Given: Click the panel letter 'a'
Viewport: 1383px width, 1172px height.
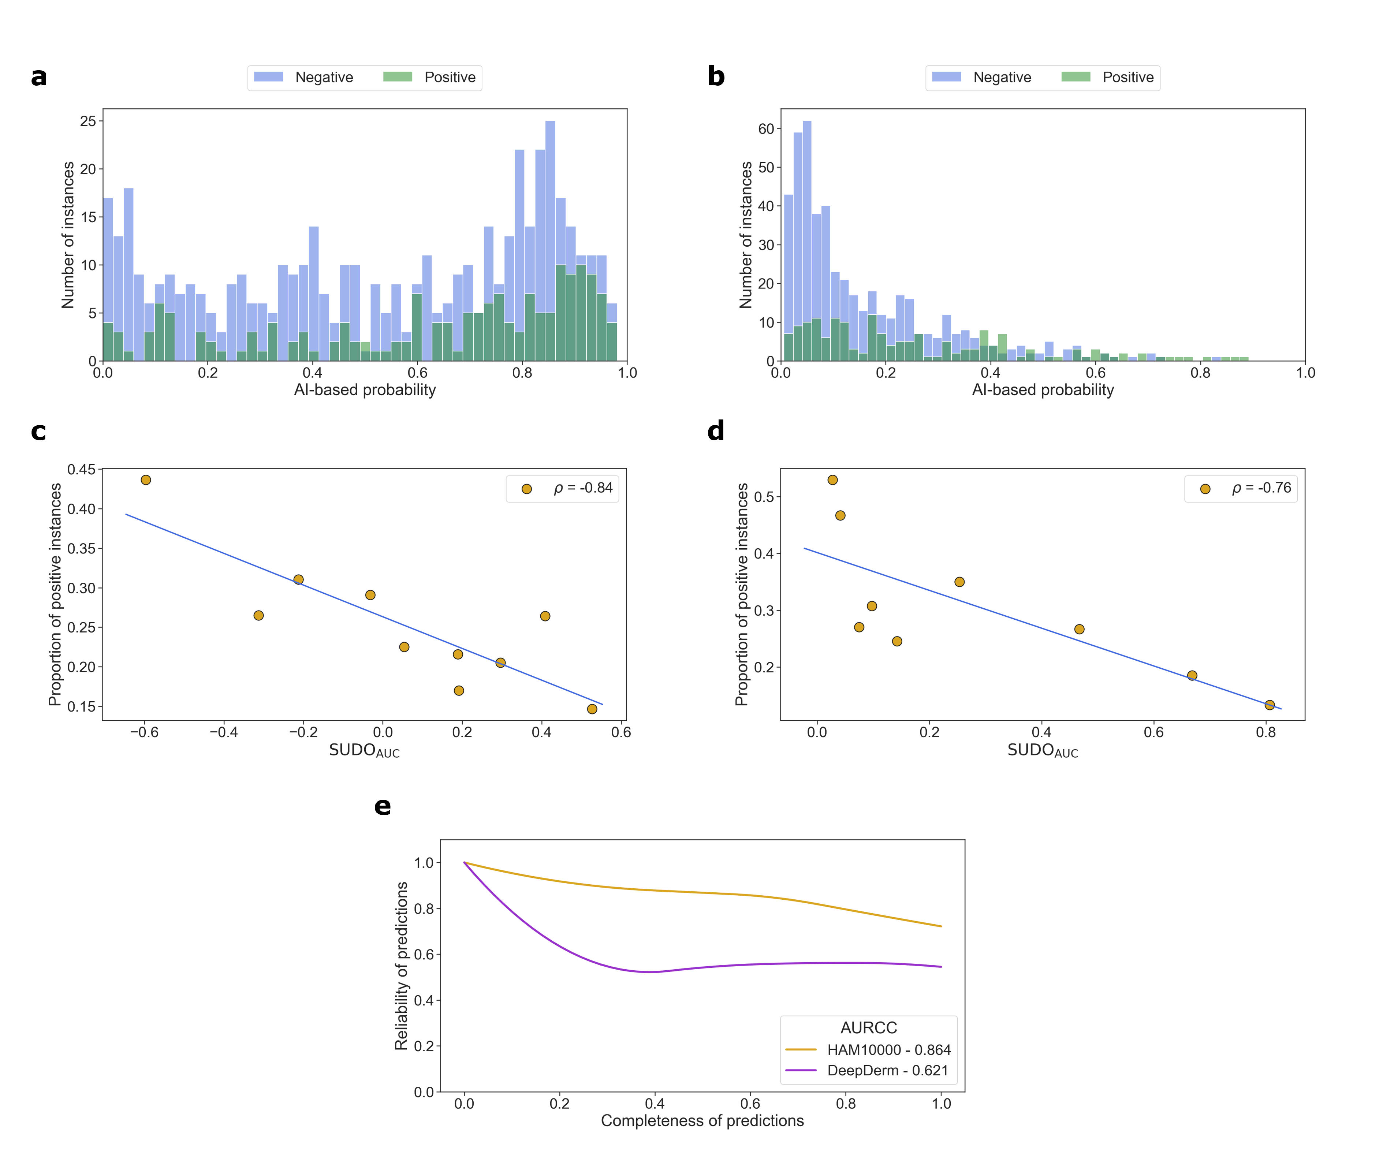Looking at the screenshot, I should click(38, 77).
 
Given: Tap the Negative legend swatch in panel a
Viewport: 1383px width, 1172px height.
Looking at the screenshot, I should click(268, 77).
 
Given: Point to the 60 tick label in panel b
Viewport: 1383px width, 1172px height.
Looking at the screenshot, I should click(765, 129).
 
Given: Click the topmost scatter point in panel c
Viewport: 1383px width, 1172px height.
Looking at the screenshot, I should click(146, 480).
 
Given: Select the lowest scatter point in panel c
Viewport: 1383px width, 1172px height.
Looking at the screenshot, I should click(592, 709).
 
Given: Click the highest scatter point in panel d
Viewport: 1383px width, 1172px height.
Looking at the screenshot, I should click(832, 480).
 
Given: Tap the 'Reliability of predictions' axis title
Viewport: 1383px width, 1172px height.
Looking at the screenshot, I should click(401, 965).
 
